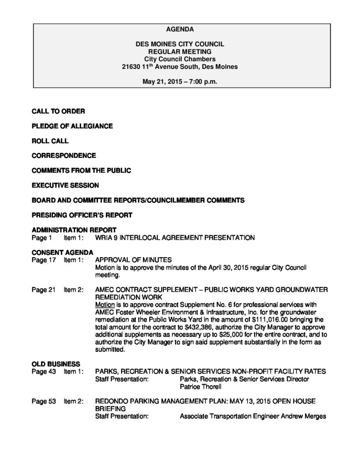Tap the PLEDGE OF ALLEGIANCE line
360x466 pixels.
coord(72,126)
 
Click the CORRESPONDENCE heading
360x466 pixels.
coord(64,156)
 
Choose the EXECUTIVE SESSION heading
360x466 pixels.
coord(65,185)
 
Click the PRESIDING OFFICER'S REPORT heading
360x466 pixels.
coord(82,215)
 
